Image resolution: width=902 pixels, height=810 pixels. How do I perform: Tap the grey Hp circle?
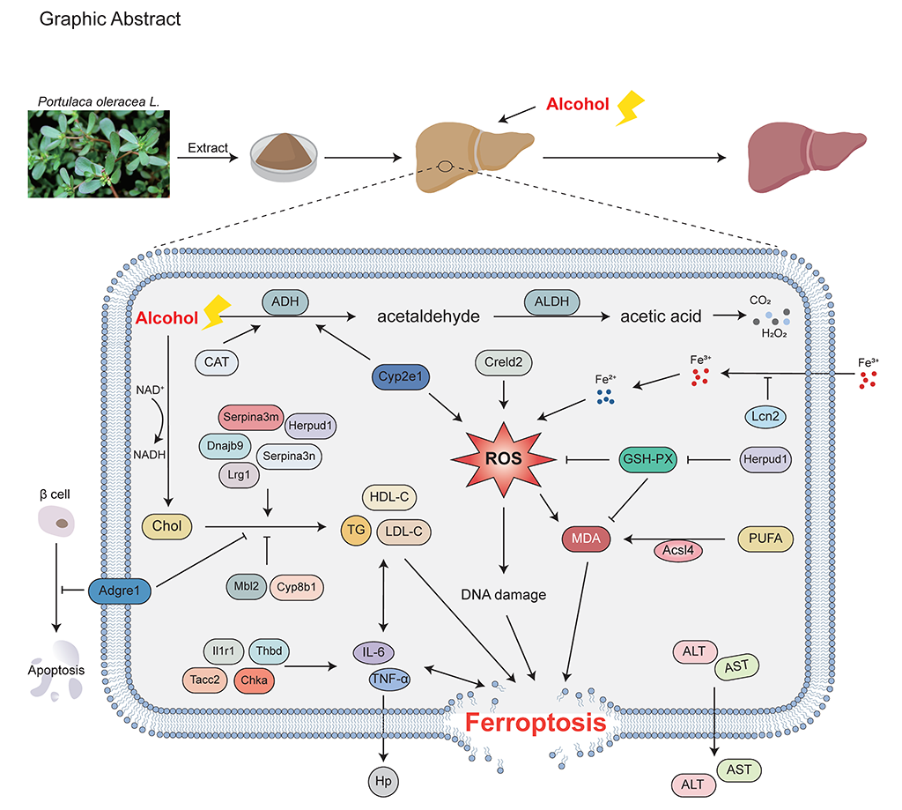(x=382, y=781)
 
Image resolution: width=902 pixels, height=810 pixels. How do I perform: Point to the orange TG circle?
(x=357, y=529)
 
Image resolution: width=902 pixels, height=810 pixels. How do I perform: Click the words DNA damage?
(x=504, y=594)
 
